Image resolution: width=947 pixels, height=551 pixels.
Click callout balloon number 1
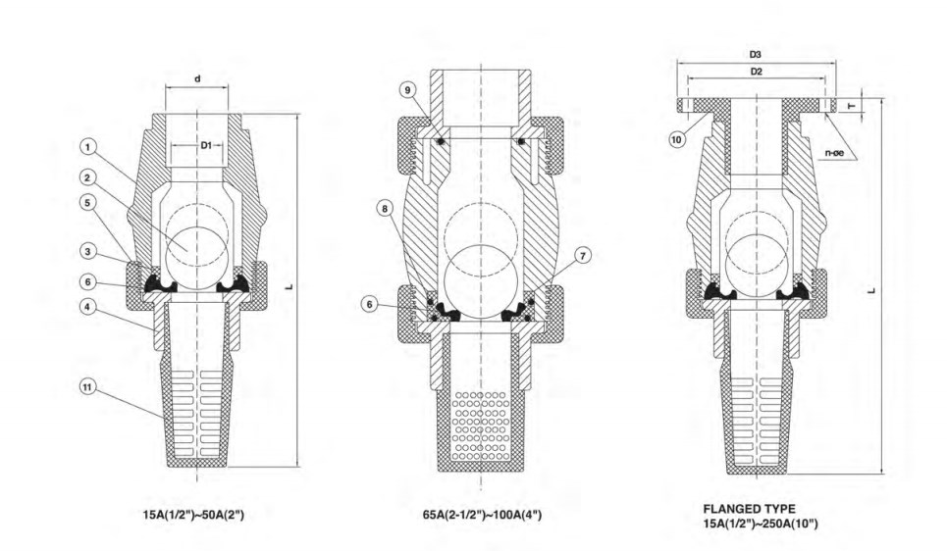pyautogui.click(x=88, y=147)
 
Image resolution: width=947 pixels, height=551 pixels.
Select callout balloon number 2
pyautogui.click(x=88, y=177)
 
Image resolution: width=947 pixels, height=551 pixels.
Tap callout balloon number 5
pyautogui.click(x=88, y=202)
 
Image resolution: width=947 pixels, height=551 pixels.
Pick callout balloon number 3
pyautogui.click(x=88, y=251)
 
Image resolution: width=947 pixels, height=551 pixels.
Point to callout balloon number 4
pyautogui.click(x=88, y=307)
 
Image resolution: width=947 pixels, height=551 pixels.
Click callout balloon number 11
pyautogui.click(x=88, y=386)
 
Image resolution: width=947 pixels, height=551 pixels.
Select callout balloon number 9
pyautogui.click(x=408, y=90)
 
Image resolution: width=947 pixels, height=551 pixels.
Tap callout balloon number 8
pyautogui.click(x=385, y=209)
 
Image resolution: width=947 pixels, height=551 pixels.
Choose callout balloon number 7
pyautogui.click(x=583, y=256)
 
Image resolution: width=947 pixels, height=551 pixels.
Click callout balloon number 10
pyautogui.click(x=676, y=140)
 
